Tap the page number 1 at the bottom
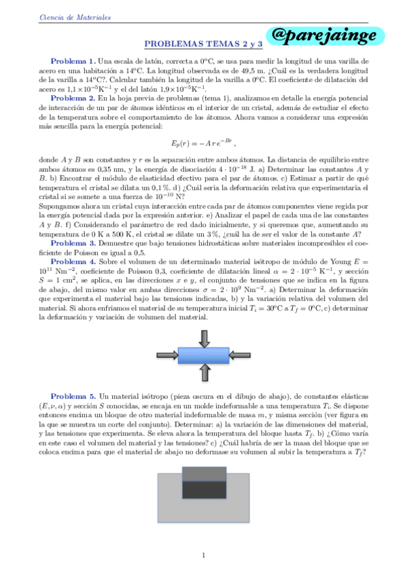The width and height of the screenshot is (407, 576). click(x=204, y=556)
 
